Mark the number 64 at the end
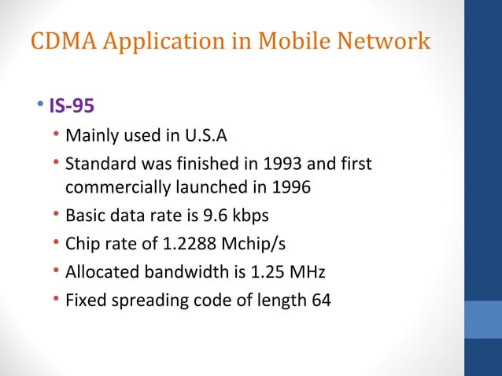tap(321, 300)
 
